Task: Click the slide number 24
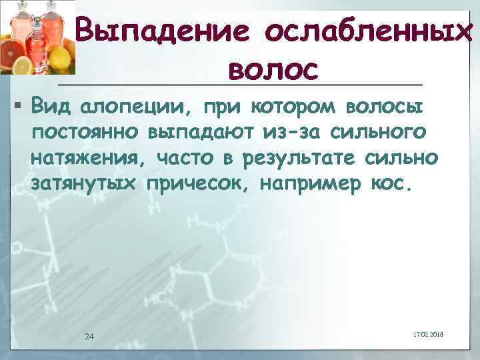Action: pyautogui.click(x=89, y=335)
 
